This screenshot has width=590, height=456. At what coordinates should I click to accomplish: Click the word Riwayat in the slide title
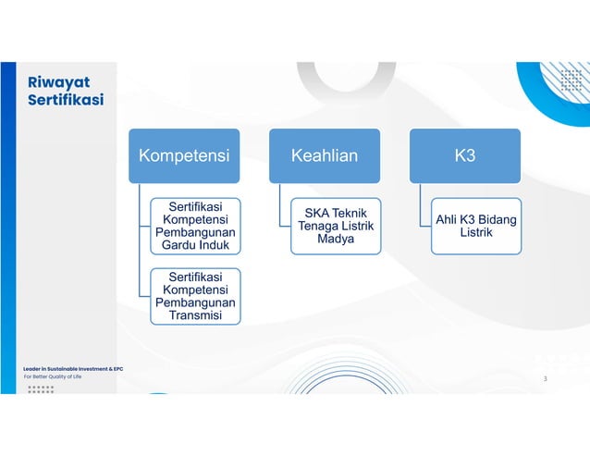tap(58, 81)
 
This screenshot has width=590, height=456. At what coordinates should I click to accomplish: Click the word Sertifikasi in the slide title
tap(65, 100)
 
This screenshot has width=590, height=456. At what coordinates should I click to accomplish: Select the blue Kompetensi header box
tap(183, 155)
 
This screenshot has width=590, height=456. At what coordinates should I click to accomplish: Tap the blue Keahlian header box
tap(324, 155)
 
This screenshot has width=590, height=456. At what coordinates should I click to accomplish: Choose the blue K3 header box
tap(464, 155)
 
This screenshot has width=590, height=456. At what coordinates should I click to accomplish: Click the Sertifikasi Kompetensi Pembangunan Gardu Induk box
tap(195, 226)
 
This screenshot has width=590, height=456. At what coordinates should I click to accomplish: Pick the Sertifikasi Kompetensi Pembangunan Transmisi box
tap(195, 296)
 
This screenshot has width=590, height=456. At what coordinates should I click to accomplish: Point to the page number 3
tap(545, 379)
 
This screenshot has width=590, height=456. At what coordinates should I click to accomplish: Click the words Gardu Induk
tap(195, 246)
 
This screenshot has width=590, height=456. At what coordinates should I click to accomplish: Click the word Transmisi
tap(195, 316)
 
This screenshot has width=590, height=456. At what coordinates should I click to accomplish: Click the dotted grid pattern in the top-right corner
tap(565, 79)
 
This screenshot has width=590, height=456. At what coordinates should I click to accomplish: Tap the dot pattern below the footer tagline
tap(41, 388)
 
